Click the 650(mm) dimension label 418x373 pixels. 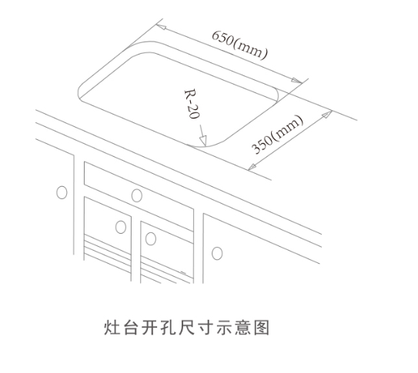coord(239,45)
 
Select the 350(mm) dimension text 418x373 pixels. coord(277,135)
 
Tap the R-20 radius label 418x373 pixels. coord(192,104)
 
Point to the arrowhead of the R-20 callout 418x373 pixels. coord(203,141)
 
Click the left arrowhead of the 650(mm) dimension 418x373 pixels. coord(162,27)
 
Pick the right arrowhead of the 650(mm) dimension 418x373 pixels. coord(296,81)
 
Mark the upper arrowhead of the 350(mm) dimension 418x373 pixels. coord(327,114)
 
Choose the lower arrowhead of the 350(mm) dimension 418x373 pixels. coord(252,167)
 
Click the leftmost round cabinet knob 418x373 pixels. coord(62,192)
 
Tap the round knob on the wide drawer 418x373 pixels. coord(137,195)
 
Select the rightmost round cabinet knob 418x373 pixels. coord(217,253)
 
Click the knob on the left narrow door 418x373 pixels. coord(121,227)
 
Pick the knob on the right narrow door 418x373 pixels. coord(151,238)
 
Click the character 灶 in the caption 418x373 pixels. coord(112,327)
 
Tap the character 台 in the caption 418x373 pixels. coord(130,327)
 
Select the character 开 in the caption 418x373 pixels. coord(149,327)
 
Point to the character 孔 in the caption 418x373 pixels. coord(168,327)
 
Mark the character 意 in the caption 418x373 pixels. coord(242,327)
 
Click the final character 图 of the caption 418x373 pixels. coord(262,327)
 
